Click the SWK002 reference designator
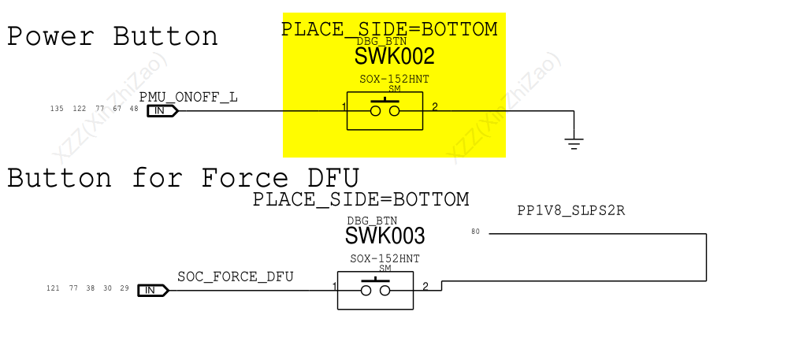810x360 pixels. pos(394,56)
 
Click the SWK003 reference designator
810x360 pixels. pos(385,236)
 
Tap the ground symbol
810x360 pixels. pos(574,143)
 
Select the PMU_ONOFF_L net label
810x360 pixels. pos(188,97)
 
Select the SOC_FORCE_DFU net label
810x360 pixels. pos(236,276)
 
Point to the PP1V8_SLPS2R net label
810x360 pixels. pos(570,211)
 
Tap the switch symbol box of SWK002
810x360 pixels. pos(385,110)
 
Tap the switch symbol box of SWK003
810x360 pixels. pos(376,290)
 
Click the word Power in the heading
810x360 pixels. pos(50,37)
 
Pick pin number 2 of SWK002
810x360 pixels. pos(435,107)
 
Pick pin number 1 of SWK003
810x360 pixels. pos(334,287)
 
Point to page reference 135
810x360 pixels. pos(57,109)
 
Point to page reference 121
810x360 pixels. pos(54,288)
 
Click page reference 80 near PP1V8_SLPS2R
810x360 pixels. pos(475,232)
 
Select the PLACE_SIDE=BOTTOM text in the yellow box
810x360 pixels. pos(389,29)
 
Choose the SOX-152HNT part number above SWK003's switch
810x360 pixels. pos(385,258)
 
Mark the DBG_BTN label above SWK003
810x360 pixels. pos(372,221)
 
